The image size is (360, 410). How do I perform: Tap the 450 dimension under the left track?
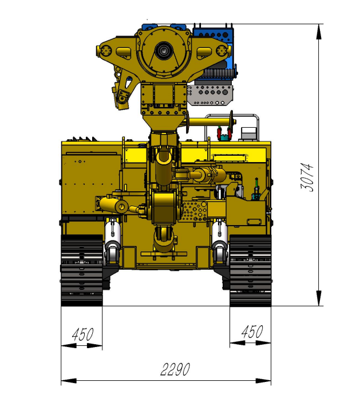tap(82, 334)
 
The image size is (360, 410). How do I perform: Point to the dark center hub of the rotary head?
tap(163, 52)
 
